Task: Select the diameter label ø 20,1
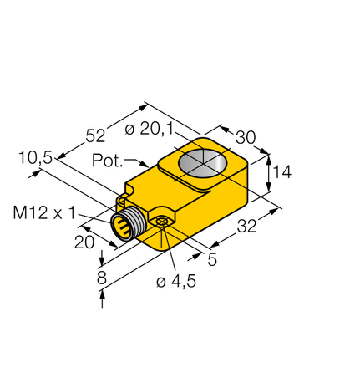coord(156,128)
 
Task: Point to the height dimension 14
coord(281,173)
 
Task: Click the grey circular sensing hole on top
coord(203,162)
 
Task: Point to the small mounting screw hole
coord(161,221)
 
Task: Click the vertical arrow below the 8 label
coord(102,299)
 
